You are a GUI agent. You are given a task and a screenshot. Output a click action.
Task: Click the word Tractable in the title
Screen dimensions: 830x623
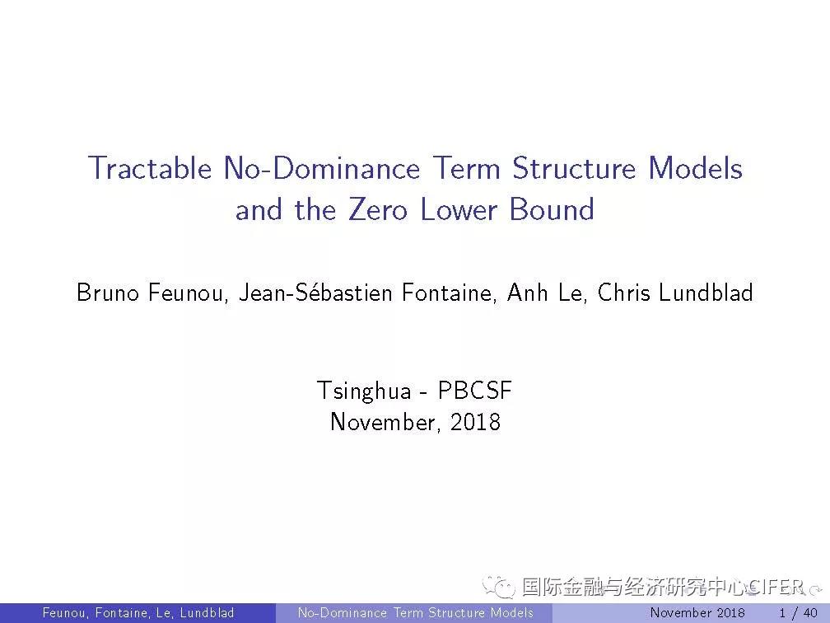tap(150, 168)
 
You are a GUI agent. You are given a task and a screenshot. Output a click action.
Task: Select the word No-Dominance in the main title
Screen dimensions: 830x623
tap(322, 168)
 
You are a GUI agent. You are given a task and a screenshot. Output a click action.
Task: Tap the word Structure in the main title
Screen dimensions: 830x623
tap(573, 168)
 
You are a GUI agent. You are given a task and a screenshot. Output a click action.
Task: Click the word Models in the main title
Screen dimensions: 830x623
tap(695, 168)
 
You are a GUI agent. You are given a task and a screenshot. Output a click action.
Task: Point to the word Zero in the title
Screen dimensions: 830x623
tap(378, 208)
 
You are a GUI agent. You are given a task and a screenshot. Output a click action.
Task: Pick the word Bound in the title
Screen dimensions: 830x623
tap(552, 208)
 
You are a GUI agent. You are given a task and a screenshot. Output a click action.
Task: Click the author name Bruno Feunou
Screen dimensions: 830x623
tap(151, 293)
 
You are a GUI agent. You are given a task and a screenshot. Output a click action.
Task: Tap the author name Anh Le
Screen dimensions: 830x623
tap(545, 293)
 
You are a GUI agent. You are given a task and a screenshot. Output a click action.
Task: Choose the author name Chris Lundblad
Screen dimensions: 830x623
tap(675, 293)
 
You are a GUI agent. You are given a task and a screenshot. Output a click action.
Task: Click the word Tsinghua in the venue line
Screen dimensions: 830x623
tap(364, 391)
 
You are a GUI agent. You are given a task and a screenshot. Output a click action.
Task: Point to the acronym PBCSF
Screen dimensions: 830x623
tap(475, 391)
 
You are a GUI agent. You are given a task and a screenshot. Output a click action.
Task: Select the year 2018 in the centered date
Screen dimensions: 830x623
tap(475, 422)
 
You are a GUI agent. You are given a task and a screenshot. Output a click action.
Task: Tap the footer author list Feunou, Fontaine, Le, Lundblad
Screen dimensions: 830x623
tap(138, 613)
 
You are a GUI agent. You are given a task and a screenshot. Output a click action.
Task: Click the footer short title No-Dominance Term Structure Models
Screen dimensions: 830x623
tap(416, 613)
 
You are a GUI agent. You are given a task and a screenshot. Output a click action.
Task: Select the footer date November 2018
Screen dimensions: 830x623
tap(697, 613)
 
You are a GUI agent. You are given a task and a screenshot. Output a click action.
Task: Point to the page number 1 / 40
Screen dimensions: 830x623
tap(798, 613)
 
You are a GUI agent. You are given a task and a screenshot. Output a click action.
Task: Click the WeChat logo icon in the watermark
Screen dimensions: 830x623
tap(498, 587)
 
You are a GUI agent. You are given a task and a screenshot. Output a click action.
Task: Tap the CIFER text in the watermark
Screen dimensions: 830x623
tap(776, 587)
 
